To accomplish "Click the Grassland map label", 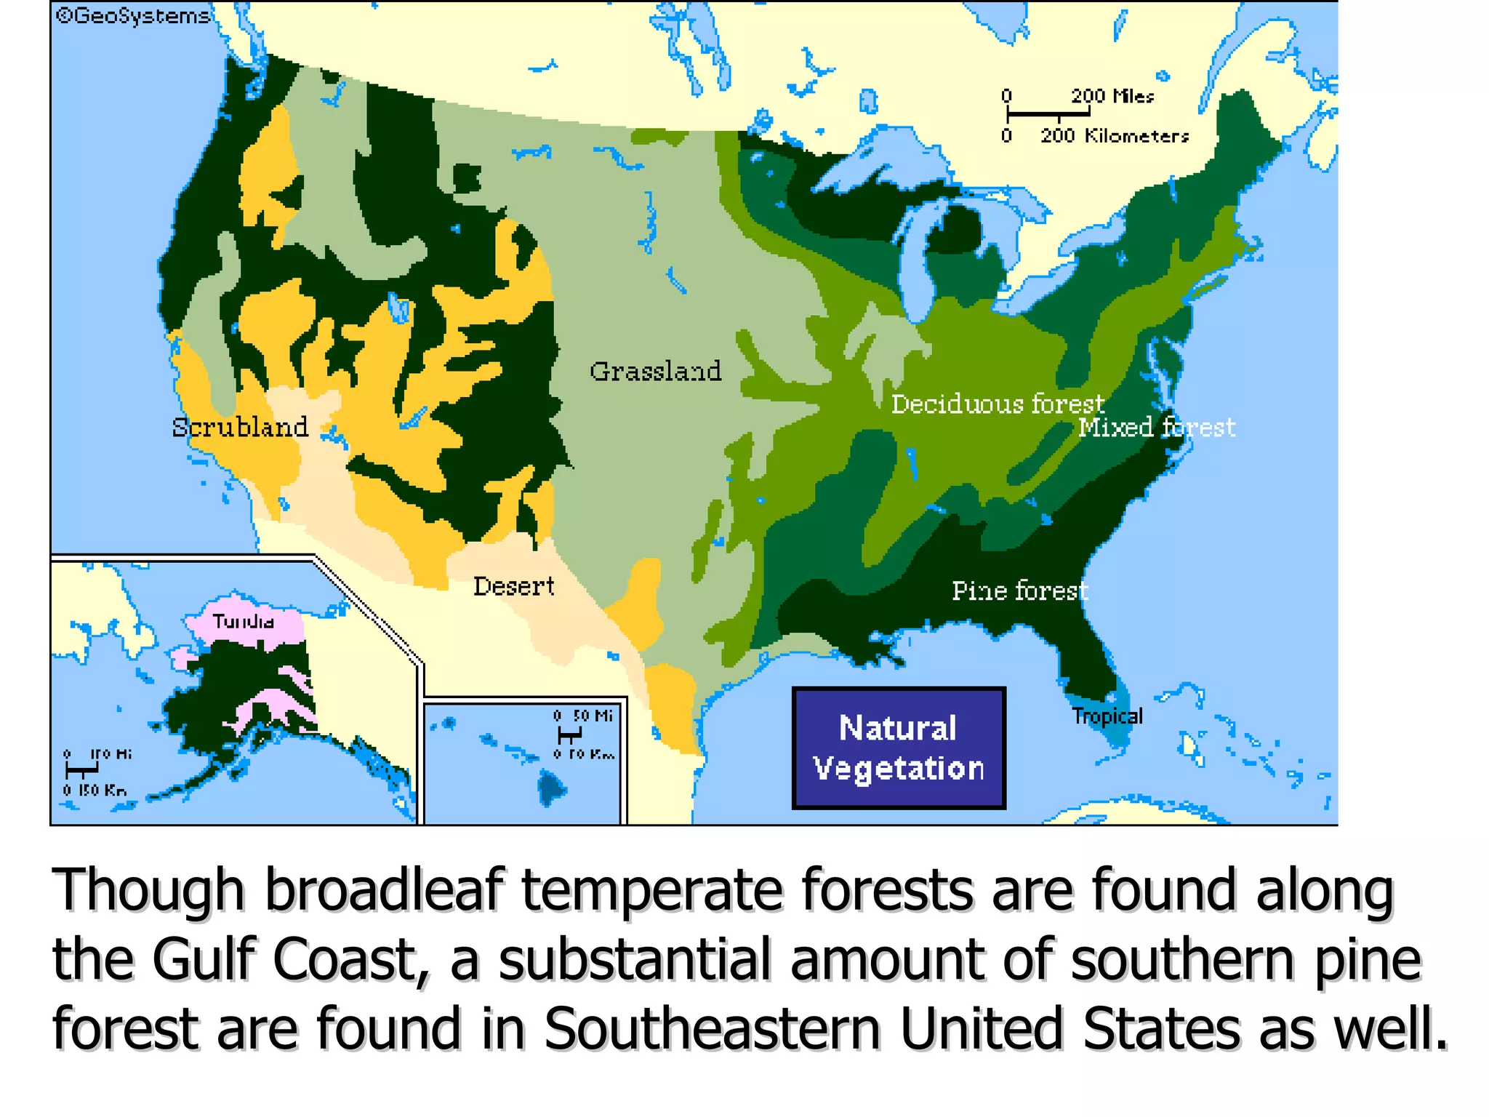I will [655, 371].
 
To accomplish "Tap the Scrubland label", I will [240, 427].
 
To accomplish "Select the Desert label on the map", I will [513, 586].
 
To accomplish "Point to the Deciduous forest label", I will [998, 404].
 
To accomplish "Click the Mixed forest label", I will [1156, 427].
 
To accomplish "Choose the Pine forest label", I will [1019, 590].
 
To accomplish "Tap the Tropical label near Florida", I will [1107, 716].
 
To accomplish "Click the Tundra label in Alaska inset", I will [244, 621].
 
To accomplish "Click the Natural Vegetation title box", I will [899, 748].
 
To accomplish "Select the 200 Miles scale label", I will [1112, 96].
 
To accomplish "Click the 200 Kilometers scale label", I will [1114, 136].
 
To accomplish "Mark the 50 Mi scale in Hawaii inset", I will [593, 716].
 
